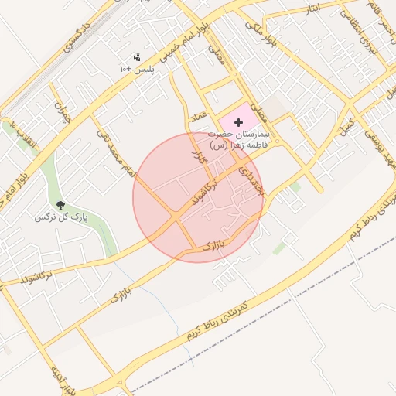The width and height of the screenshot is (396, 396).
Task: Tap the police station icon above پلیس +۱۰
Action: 138,57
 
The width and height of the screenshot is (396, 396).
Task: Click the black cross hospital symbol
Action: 238,122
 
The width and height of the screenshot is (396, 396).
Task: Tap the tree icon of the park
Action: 62,205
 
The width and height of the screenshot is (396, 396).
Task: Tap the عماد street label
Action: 197,118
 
